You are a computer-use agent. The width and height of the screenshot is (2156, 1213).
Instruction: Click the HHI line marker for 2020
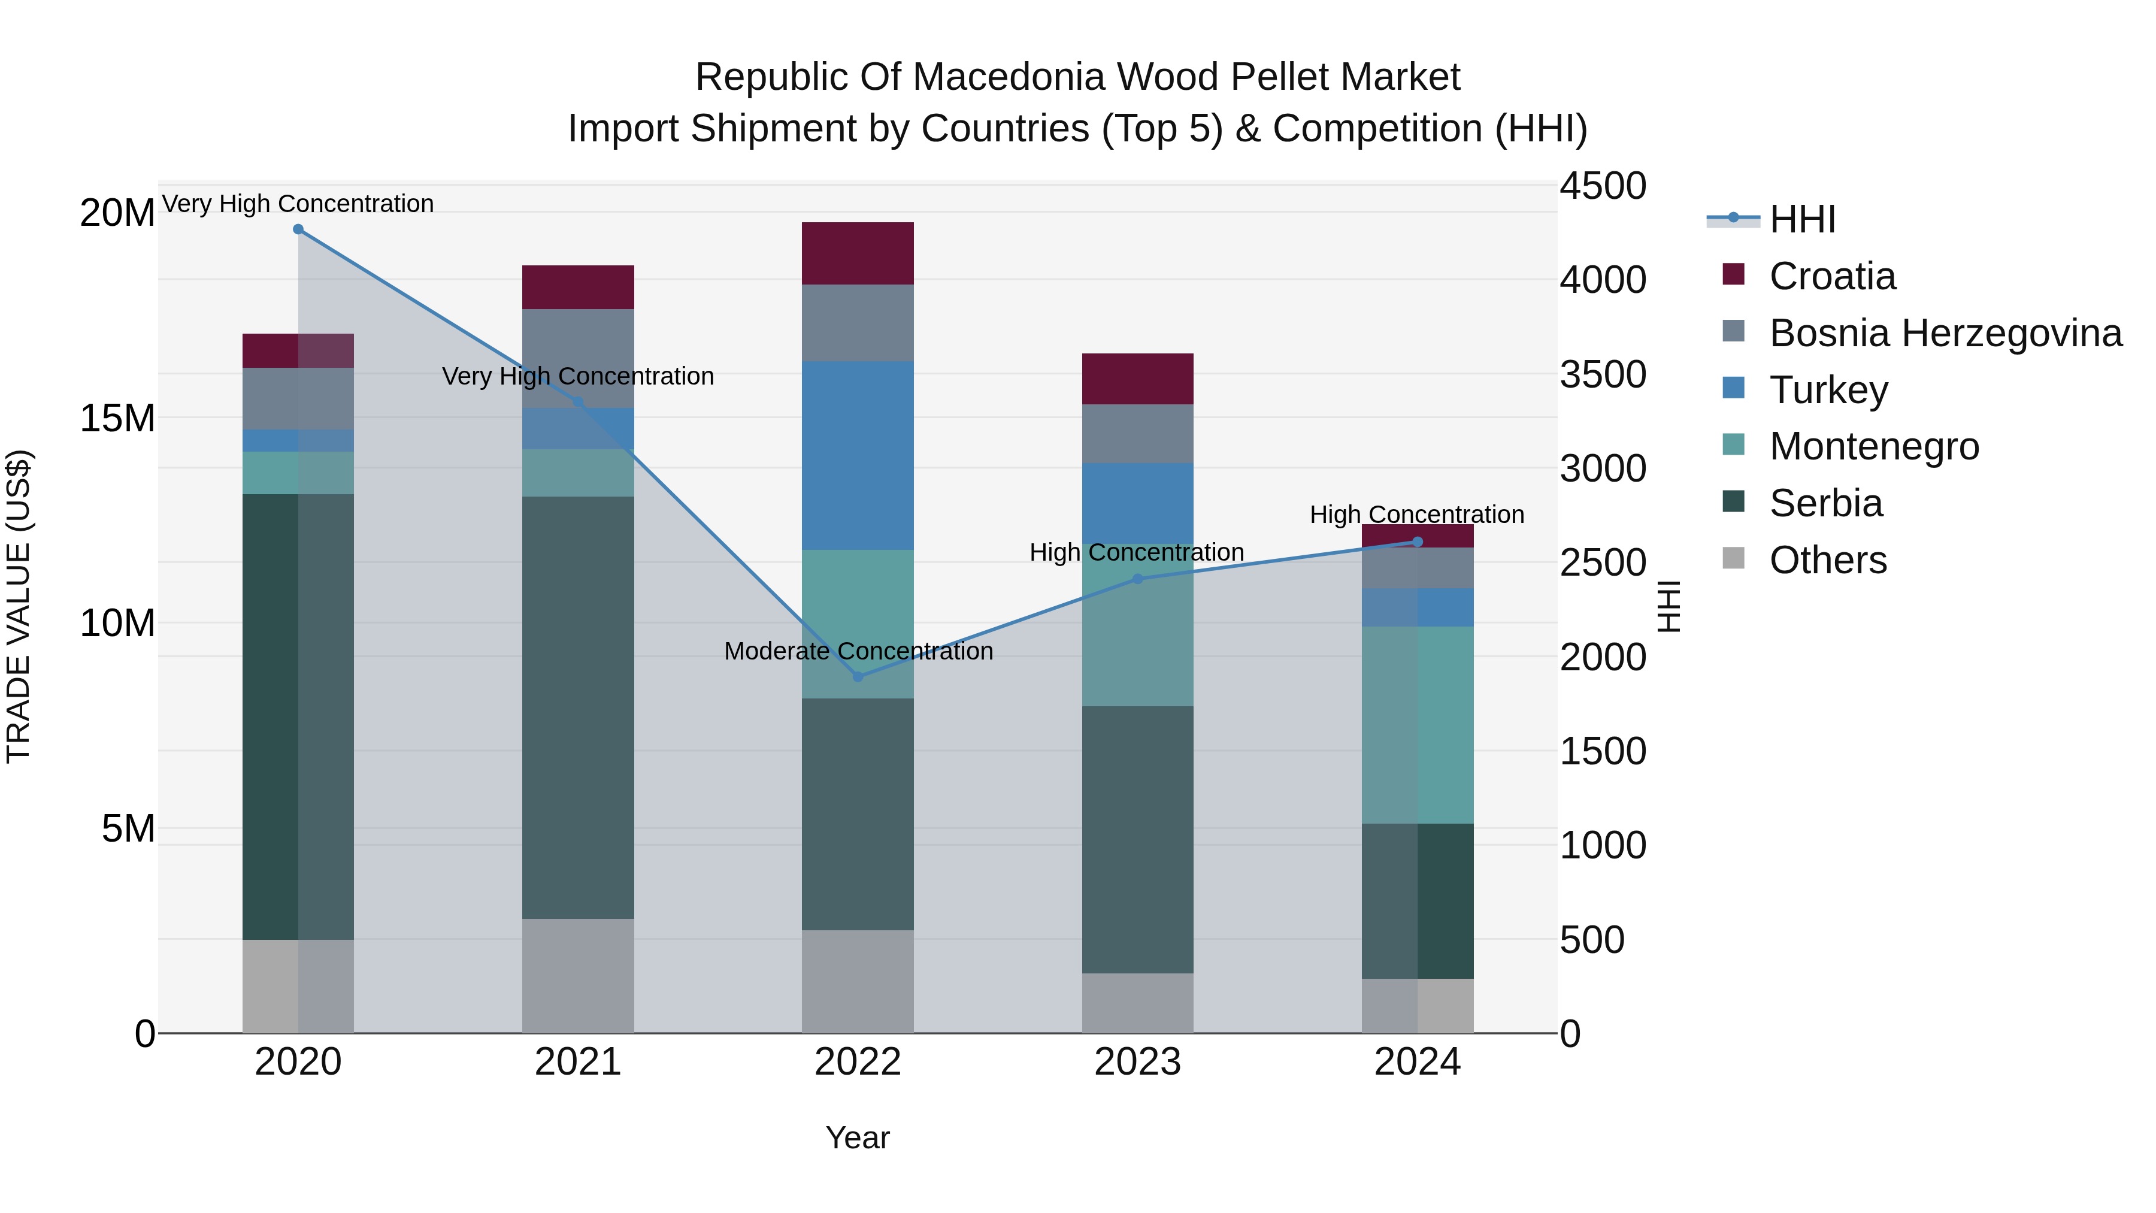click(x=298, y=229)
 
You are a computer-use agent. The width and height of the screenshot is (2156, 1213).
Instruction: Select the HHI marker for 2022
click(x=858, y=676)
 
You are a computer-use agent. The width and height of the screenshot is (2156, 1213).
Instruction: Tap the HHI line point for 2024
click(x=1417, y=542)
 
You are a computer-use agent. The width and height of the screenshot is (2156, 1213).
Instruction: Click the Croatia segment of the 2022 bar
click(x=858, y=253)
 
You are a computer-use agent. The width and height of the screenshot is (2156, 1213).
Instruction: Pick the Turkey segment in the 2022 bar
click(x=858, y=455)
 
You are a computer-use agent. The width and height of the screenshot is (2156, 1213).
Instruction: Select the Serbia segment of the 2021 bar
click(x=577, y=707)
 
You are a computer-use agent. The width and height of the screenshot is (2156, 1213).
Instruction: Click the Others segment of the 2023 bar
click(x=1137, y=1003)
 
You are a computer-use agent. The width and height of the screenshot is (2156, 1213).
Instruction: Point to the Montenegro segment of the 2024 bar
click(x=1417, y=725)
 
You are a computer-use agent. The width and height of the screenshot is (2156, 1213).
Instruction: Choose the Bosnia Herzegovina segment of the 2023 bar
click(x=1137, y=434)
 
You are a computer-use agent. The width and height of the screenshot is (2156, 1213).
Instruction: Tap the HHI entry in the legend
click(x=1802, y=219)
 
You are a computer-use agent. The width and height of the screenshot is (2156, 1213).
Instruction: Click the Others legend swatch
click(x=1733, y=558)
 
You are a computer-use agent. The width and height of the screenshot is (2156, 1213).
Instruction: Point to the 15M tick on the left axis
click(x=117, y=418)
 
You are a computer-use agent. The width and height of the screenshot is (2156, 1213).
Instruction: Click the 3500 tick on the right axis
click(x=1602, y=374)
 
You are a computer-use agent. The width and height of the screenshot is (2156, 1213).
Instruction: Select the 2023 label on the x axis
click(x=1137, y=1062)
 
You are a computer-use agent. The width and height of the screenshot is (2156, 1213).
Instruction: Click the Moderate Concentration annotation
click(x=858, y=651)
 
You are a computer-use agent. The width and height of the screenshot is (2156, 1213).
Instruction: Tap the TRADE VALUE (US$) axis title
click(x=19, y=606)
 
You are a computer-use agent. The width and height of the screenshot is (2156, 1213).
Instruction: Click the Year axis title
click(x=857, y=1138)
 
